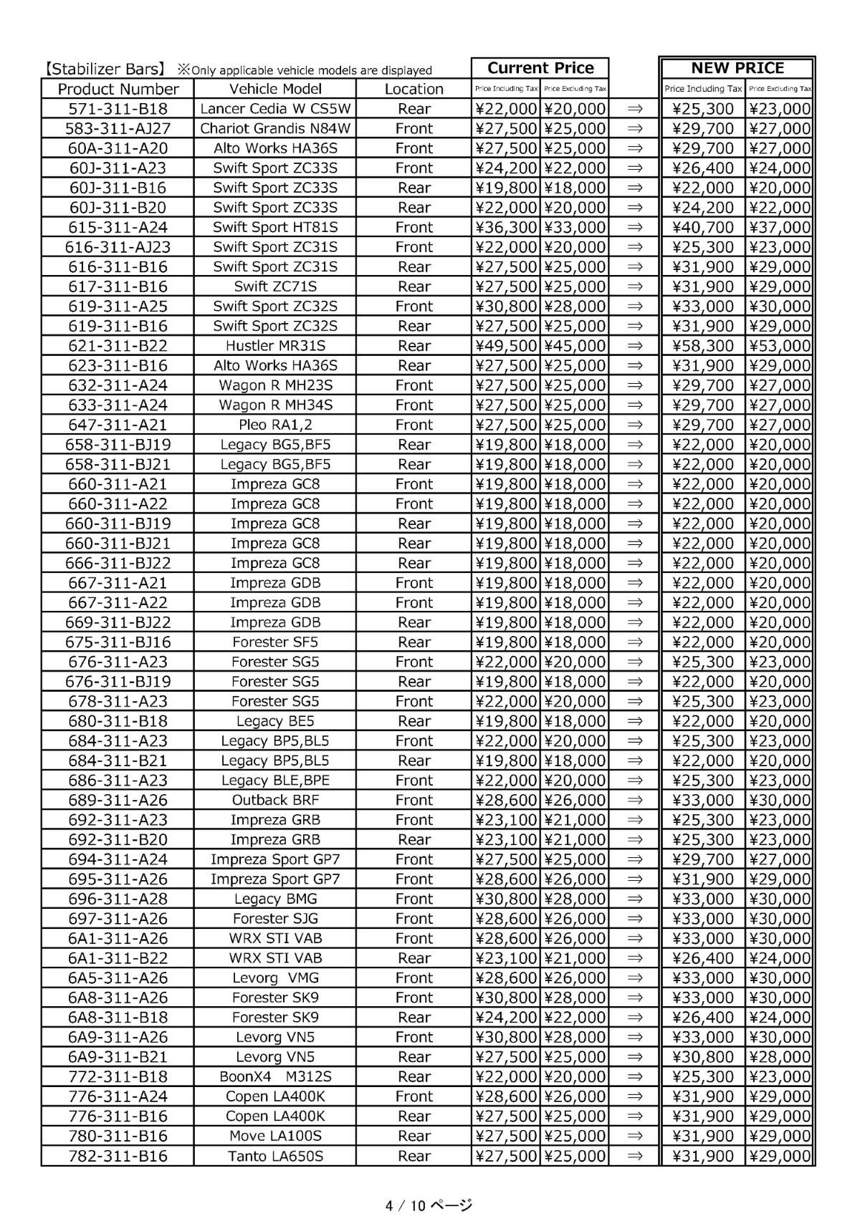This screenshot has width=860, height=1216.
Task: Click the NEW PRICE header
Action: click(x=737, y=68)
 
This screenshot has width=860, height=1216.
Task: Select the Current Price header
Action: click(x=540, y=68)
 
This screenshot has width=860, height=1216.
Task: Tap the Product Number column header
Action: click(x=118, y=89)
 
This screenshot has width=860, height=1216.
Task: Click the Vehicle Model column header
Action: click(x=275, y=89)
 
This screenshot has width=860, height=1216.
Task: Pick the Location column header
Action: click(x=414, y=89)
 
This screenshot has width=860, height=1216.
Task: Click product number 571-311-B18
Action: click(x=118, y=109)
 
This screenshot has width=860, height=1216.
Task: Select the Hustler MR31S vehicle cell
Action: click(x=275, y=345)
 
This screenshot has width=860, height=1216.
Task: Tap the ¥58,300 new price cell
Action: click(x=703, y=345)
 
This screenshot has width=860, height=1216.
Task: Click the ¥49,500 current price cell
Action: click(x=506, y=345)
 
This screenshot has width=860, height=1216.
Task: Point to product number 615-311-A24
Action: click(x=118, y=227)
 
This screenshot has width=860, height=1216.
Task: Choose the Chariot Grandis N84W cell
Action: click(x=275, y=128)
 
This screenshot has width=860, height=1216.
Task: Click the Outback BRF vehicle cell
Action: click(x=275, y=800)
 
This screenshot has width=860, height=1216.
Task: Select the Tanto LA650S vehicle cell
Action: click(x=275, y=1156)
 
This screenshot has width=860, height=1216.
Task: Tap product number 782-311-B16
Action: click(x=118, y=1156)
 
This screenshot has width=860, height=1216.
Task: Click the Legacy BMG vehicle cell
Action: click(x=275, y=899)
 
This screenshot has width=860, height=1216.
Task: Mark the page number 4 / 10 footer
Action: click(x=429, y=1205)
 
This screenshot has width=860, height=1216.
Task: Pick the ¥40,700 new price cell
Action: click(x=703, y=227)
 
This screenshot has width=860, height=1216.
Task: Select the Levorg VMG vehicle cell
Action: click(x=275, y=978)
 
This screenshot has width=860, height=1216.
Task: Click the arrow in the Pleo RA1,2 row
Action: click(x=634, y=425)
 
